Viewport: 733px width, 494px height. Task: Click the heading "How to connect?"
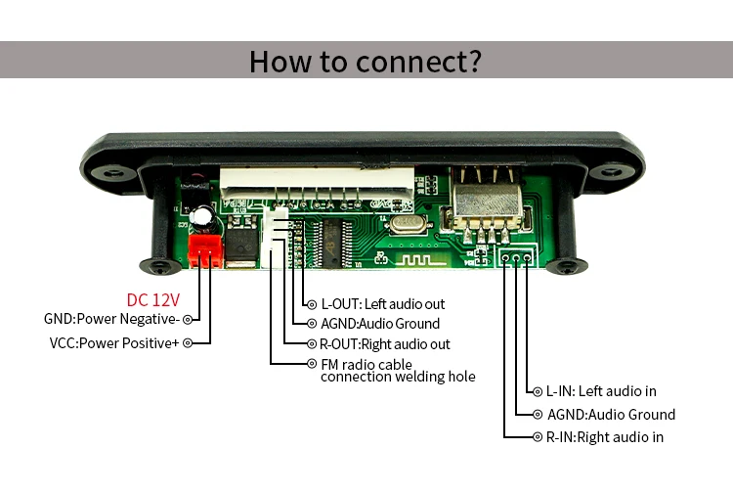[366, 62]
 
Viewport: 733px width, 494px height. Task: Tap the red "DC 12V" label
[153, 300]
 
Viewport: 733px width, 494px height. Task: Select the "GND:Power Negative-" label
[111, 319]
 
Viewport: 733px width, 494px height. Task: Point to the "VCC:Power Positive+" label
[114, 343]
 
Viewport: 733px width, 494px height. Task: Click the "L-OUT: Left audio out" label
[383, 304]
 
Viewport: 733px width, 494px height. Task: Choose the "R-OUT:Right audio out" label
[385, 344]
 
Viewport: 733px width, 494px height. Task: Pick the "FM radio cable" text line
[366, 365]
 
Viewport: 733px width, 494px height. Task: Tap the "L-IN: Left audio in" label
[601, 391]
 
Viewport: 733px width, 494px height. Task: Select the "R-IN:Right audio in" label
[605, 437]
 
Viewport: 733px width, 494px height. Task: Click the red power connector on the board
[204, 250]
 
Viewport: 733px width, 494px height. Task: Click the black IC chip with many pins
[333, 244]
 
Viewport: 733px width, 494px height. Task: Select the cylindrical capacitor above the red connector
[203, 219]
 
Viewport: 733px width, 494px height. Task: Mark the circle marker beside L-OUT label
[312, 305]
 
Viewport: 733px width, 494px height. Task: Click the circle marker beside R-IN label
[538, 437]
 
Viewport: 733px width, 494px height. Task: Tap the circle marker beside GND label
[188, 320]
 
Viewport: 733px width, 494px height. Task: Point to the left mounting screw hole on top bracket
[113, 173]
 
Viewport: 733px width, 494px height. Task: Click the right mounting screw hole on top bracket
[611, 172]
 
